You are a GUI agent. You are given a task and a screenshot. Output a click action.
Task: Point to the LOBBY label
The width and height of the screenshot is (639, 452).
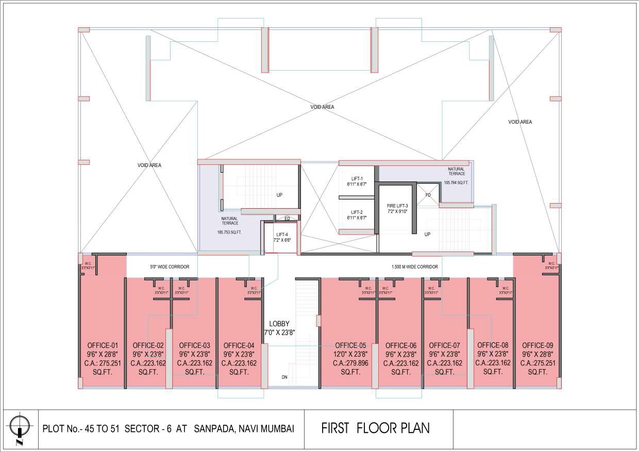pyautogui.click(x=279, y=324)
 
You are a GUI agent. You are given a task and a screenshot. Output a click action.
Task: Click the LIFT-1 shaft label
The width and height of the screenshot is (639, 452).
pyautogui.click(x=356, y=178)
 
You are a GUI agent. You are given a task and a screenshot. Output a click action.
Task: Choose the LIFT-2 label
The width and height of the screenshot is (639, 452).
pyautogui.click(x=356, y=212)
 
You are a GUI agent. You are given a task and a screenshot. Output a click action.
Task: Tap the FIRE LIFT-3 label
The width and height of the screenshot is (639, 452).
pyautogui.click(x=397, y=206)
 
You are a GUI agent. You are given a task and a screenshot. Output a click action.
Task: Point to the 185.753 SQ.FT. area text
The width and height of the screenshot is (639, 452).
pyautogui.click(x=229, y=232)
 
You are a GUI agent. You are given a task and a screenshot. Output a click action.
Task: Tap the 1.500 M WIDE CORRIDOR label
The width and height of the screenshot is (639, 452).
pyautogui.click(x=414, y=267)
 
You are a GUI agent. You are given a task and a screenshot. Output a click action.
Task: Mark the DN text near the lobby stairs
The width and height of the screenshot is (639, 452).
pyautogui.click(x=284, y=377)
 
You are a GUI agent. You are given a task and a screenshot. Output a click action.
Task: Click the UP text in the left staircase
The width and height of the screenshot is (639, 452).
pyautogui.click(x=279, y=195)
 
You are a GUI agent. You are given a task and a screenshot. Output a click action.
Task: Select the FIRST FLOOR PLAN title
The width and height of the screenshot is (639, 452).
pyautogui.click(x=375, y=428)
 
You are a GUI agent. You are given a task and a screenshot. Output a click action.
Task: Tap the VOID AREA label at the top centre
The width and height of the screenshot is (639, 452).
pyautogui.click(x=322, y=107)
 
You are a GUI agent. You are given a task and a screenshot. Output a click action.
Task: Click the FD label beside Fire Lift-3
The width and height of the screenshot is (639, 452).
pyautogui.click(x=428, y=195)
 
